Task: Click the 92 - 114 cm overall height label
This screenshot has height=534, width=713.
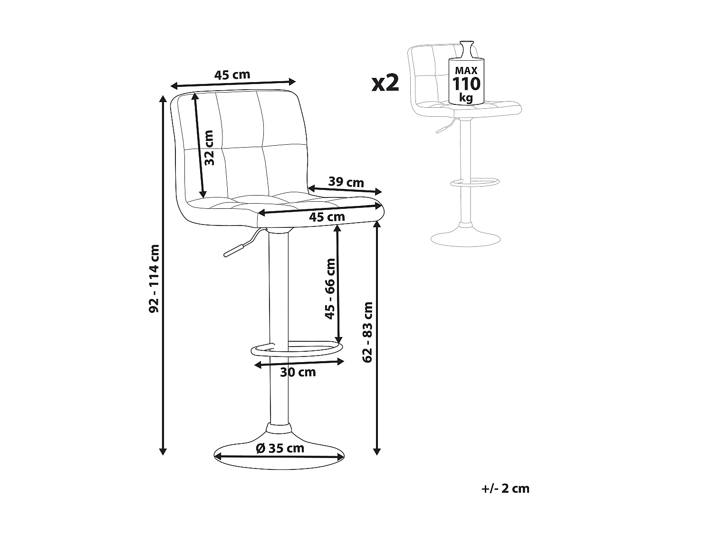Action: click(154, 279)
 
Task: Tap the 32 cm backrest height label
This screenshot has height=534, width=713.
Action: click(210, 148)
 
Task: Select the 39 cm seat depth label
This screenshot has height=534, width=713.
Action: click(346, 182)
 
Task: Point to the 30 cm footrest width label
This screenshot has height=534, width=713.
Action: click(298, 372)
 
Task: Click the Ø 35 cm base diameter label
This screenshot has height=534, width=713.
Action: click(280, 448)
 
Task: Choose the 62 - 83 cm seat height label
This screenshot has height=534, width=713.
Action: click(367, 332)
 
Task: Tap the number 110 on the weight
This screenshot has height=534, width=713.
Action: click(466, 84)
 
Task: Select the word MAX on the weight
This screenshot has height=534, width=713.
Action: click(466, 70)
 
